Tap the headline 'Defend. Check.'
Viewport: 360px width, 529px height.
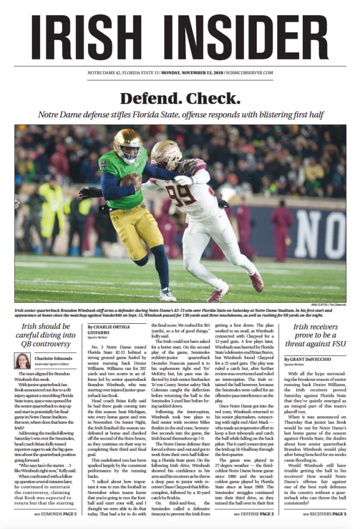pyautogui.click(x=180, y=98)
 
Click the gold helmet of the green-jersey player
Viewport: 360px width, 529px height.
pyautogui.click(x=127, y=144)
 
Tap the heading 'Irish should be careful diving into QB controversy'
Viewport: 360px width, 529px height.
pyautogui.click(x=46, y=336)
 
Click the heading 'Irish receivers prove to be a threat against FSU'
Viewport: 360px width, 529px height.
pyautogui.click(x=314, y=336)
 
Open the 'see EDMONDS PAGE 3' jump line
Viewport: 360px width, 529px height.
pyautogui.click(x=56, y=514)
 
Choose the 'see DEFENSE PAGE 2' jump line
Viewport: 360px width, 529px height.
pyautogui.click(x=254, y=514)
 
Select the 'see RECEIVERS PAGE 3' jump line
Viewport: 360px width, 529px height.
pyautogui.click(x=323, y=514)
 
